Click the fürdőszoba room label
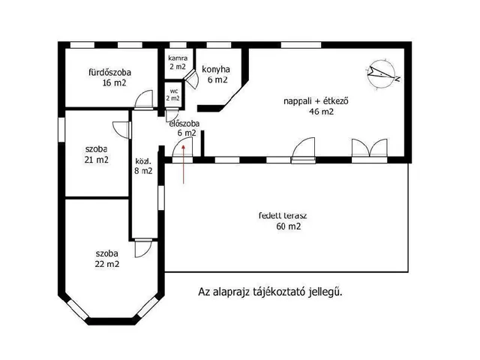[109, 73]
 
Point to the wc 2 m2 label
[173, 94]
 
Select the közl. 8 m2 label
[143, 166]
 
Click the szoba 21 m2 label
[96, 154]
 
